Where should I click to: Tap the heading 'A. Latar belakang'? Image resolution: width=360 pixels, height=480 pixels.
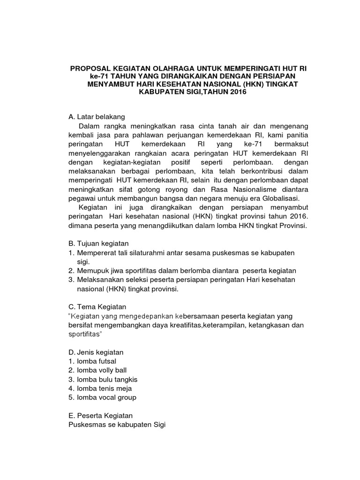click(x=96, y=117)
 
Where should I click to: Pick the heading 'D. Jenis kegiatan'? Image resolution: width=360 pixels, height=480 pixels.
click(x=96, y=352)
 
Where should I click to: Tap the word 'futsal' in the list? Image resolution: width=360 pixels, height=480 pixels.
click(x=106, y=361)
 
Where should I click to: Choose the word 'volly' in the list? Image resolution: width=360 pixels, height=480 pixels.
click(x=105, y=370)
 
